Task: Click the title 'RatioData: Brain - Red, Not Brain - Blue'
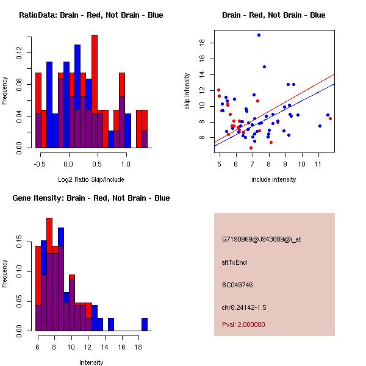point(91,15)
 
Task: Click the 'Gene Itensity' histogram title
point(91,198)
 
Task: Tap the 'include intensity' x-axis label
point(274,179)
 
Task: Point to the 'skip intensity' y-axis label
point(187,91)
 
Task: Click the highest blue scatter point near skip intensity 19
point(259,35)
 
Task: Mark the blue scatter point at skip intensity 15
point(264,67)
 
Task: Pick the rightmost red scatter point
point(330,118)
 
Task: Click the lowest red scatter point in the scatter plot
point(251,148)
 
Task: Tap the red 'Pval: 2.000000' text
point(243,325)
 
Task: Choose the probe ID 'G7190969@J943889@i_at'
point(262,239)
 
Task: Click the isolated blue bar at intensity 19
point(145,324)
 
